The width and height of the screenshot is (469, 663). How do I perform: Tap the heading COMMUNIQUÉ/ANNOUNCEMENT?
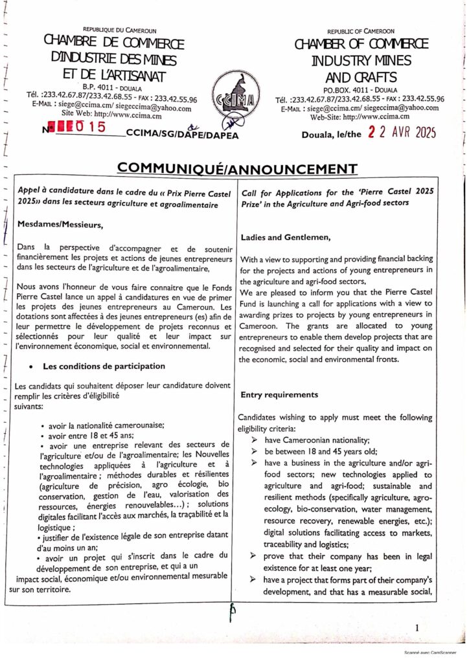237,169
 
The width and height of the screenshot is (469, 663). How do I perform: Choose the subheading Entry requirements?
279,394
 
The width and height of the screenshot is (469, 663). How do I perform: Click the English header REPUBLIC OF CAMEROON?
361,31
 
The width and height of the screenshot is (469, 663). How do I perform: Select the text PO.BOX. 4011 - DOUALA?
360,89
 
